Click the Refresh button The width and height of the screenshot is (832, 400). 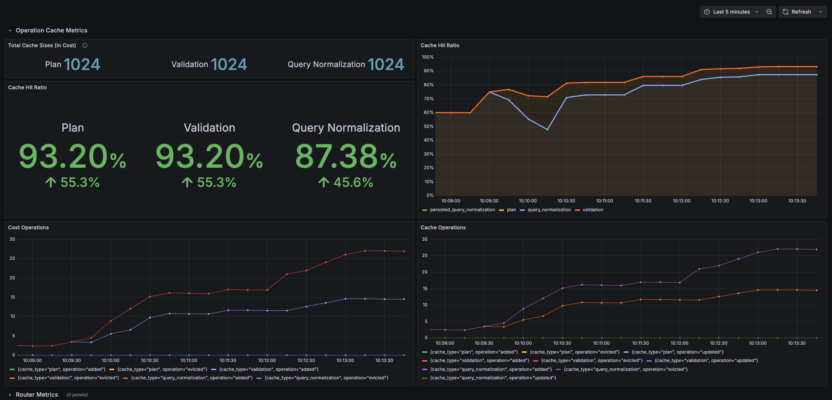tap(797, 12)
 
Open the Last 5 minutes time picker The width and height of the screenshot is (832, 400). tap(731, 12)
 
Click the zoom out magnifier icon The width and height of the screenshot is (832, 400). tap(769, 12)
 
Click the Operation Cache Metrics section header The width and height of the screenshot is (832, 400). tap(51, 30)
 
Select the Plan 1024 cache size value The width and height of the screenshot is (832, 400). tap(82, 65)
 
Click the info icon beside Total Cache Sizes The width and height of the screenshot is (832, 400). tap(85, 45)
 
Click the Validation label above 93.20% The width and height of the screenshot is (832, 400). tap(209, 128)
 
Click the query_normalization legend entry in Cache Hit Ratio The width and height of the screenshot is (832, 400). tap(549, 210)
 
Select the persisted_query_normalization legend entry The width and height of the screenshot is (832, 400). tap(462, 210)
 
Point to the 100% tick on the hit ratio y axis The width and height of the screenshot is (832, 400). tap(428, 57)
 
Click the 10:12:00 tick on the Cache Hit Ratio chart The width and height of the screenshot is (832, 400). tap(681, 201)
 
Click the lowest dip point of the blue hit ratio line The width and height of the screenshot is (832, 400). tap(547, 129)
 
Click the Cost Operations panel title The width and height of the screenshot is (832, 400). tap(28, 227)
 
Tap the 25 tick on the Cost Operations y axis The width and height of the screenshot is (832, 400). tap(13, 258)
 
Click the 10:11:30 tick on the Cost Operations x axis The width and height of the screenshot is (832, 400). tap(228, 361)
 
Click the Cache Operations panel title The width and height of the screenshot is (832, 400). tap(443, 227)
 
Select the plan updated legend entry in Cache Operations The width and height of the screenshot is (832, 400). tap(677, 352)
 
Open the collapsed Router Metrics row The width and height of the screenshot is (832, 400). tap(37, 394)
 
